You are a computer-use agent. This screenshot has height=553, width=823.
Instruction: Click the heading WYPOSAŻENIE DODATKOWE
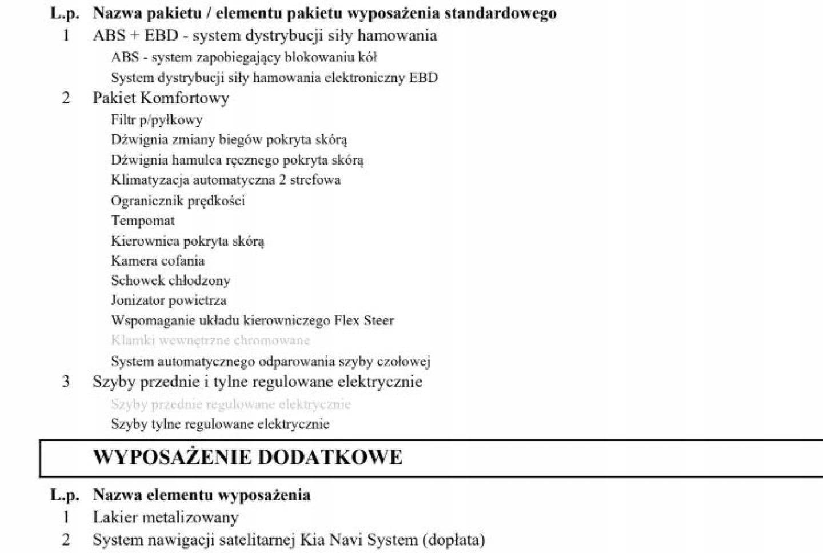click(247, 458)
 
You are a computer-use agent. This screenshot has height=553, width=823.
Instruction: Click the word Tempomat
click(143, 221)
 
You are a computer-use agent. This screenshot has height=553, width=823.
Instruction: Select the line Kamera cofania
click(158, 261)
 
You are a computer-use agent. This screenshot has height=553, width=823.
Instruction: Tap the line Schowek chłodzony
click(170, 280)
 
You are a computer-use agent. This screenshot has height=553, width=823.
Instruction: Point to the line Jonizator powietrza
click(169, 300)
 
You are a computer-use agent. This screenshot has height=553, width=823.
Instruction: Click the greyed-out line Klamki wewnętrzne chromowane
click(210, 340)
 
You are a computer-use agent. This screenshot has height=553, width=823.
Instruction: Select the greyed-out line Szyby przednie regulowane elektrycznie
click(231, 404)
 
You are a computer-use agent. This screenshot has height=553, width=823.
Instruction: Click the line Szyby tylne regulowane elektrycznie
click(220, 424)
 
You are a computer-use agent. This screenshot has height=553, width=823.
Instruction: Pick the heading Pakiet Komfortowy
click(161, 98)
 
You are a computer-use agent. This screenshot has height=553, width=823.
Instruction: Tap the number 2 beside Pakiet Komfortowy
click(66, 98)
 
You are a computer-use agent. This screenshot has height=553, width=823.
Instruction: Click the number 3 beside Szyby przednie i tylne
click(66, 382)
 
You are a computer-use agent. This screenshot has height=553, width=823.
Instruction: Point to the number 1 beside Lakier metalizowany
click(66, 518)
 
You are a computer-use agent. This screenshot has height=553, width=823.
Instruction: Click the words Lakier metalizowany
click(166, 518)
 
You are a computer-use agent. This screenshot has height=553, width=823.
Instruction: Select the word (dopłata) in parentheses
click(453, 540)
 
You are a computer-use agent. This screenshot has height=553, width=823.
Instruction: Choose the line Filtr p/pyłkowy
click(157, 120)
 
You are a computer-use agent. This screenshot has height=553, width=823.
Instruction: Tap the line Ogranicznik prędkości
click(178, 201)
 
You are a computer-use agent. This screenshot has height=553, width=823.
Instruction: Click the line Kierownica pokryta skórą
click(187, 241)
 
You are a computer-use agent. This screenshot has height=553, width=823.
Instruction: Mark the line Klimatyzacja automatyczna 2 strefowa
click(226, 180)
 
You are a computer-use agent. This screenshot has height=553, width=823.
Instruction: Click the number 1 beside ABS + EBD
click(66, 35)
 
